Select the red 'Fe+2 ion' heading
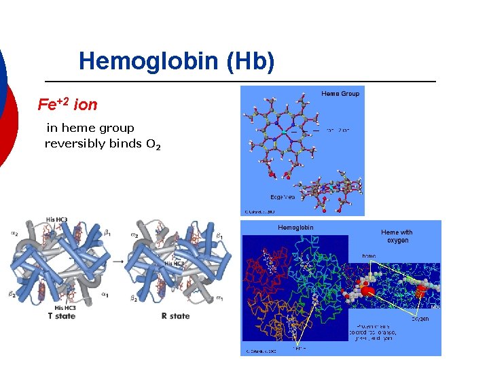(x=67, y=105)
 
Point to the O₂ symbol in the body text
(x=153, y=144)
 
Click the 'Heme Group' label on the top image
(x=340, y=93)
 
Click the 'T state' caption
(x=61, y=316)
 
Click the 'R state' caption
(x=175, y=316)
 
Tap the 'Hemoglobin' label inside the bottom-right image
(x=295, y=227)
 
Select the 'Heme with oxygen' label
(x=397, y=236)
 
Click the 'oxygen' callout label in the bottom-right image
(x=420, y=319)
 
